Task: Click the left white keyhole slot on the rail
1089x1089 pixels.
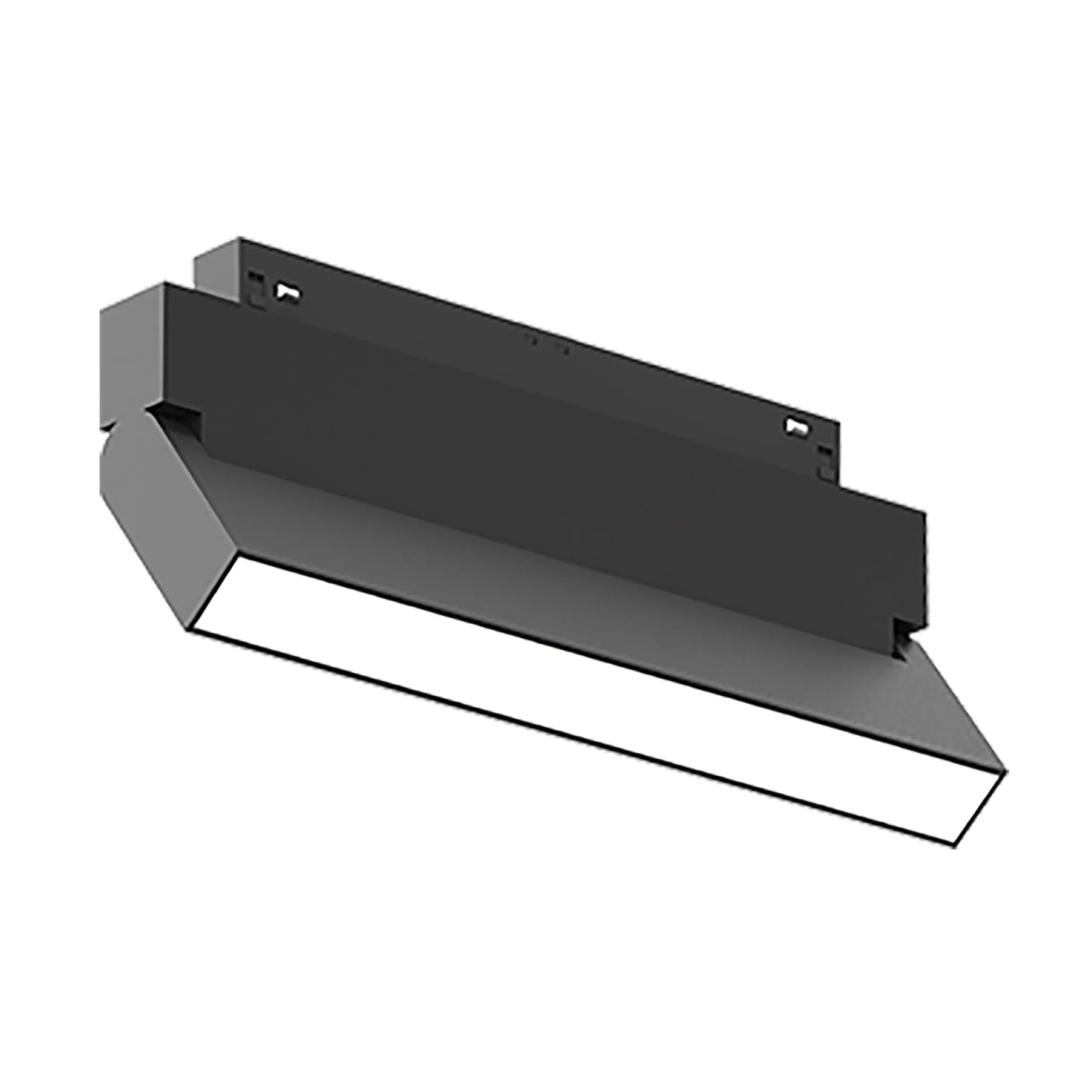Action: pyautogui.click(x=288, y=292)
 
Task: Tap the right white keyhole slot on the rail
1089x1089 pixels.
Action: pyautogui.click(x=798, y=427)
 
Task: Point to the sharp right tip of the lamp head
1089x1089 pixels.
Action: pyautogui.click(x=1006, y=771)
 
